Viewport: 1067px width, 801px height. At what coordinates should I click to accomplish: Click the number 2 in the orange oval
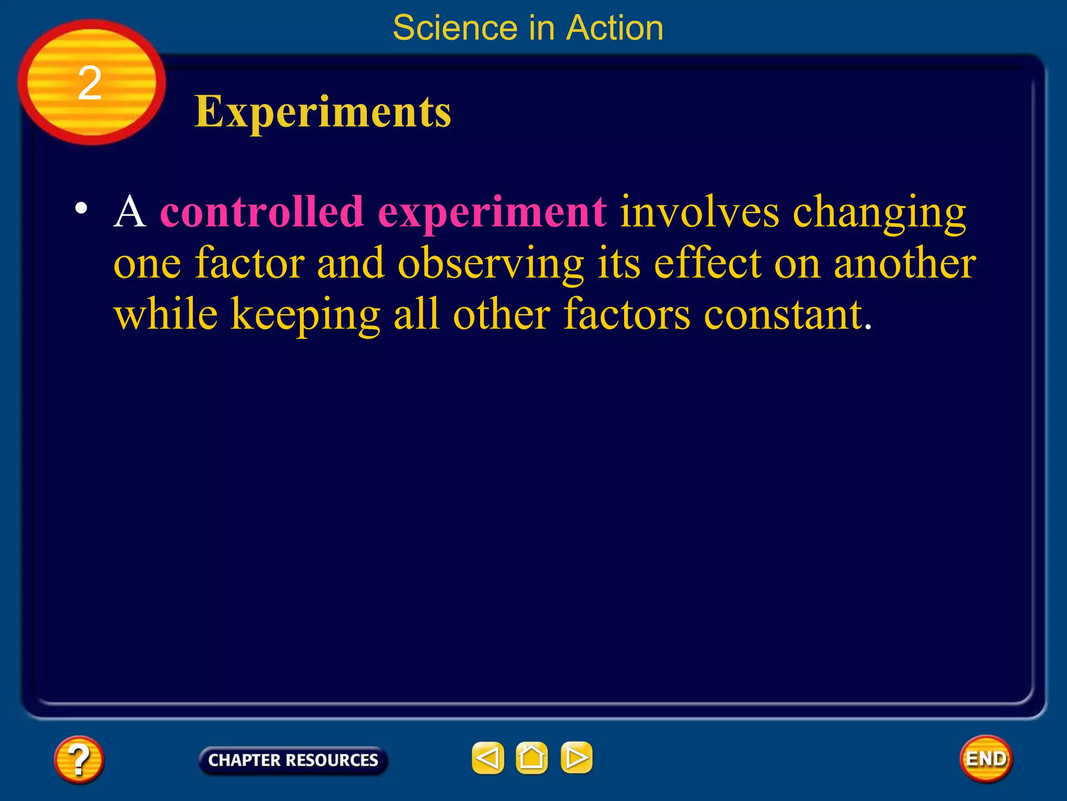click(x=90, y=83)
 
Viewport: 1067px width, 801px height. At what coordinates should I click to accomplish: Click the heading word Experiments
click(x=322, y=112)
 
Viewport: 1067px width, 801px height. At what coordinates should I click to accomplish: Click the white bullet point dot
click(x=81, y=208)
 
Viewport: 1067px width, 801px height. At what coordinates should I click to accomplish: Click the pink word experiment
click(x=492, y=213)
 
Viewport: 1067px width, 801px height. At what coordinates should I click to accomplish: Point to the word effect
click(x=708, y=263)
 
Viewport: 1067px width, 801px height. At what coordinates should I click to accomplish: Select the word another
click(x=904, y=263)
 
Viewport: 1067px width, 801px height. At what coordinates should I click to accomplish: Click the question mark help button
click(x=79, y=759)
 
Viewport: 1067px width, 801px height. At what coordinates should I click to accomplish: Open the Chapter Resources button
click(x=293, y=760)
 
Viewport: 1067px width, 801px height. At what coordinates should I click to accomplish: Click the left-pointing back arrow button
click(x=488, y=758)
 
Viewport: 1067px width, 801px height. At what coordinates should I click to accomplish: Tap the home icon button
click(x=531, y=758)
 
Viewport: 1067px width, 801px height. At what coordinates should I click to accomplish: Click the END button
click(x=986, y=759)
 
